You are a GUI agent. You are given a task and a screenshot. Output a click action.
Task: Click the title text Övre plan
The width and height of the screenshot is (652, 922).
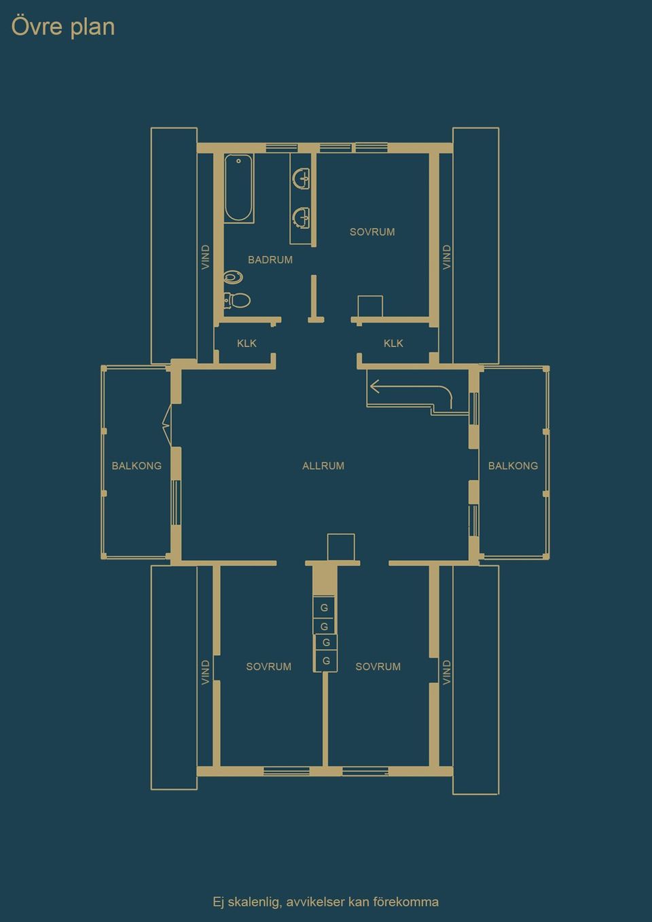point(63,27)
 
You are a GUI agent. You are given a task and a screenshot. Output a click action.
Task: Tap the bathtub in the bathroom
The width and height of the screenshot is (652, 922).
point(239,188)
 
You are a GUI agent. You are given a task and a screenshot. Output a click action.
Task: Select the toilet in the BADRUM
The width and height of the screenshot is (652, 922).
point(238,299)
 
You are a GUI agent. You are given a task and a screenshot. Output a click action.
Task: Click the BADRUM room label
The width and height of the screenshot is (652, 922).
point(270,260)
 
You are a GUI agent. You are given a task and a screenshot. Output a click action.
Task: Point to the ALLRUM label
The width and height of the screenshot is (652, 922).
point(323,466)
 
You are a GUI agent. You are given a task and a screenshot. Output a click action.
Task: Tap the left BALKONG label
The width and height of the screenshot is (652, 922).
point(137,466)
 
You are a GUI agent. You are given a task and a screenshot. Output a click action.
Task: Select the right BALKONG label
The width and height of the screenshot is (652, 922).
point(513,466)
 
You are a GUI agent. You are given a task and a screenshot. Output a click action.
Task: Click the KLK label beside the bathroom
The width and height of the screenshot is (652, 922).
point(247,344)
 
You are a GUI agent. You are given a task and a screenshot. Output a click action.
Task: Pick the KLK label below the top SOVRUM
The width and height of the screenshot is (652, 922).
point(393,344)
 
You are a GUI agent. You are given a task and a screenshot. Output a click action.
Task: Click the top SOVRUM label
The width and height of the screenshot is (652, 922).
point(372,232)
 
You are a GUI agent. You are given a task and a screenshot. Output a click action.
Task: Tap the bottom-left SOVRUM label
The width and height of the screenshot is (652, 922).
point(268,667)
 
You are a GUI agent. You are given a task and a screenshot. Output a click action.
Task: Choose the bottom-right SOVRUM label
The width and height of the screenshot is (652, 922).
point(378,667)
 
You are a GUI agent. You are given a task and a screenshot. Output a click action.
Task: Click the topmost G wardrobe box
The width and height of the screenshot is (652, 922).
point(324,608)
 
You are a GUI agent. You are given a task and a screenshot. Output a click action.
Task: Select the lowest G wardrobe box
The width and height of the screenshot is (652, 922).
point(326,661)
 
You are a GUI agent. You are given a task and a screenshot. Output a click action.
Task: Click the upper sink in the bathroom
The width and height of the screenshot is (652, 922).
point(301,179)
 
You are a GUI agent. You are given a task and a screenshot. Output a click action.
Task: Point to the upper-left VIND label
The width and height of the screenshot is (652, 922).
point(206,257)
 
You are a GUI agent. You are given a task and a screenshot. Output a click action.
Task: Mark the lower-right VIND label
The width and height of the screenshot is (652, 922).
point(446,672)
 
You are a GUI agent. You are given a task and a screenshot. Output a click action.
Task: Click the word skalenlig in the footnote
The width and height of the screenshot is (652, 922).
point(254,902)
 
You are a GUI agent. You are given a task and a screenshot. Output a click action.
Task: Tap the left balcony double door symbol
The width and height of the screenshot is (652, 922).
point(166,426)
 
